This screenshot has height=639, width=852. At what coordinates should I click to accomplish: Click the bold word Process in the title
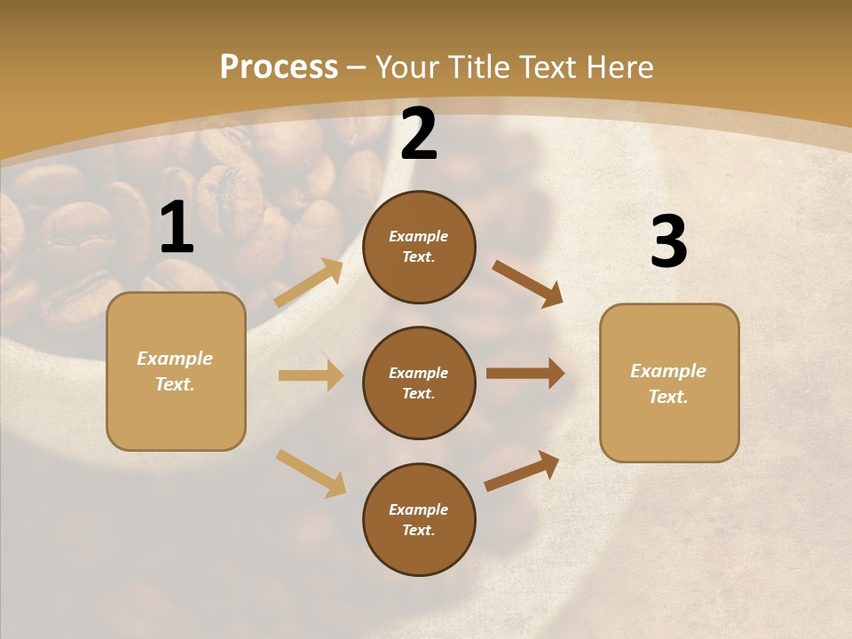click(279, 67)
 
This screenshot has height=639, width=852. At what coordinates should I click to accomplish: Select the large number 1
click(177, 228)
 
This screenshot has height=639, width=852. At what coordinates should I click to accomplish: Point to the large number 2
click(419, 134)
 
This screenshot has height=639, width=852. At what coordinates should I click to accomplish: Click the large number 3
click(668, 242)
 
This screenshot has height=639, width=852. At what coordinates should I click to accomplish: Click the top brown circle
click(419, 247)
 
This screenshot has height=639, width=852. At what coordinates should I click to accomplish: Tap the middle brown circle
click(419, 383)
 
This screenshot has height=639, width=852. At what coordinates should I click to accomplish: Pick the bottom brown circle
click(419, 519)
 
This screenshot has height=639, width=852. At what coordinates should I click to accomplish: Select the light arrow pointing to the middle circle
click(311, 375)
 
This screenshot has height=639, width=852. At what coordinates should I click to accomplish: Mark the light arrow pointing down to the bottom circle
click(311, 473)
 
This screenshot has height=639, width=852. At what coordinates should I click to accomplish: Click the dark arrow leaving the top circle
click(527, 283)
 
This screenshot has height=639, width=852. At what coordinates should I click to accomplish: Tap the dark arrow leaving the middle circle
click(525, 373)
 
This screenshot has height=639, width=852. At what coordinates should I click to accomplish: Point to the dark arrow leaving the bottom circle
click(522, 471)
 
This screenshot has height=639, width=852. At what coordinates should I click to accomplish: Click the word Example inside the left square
click(175, 359)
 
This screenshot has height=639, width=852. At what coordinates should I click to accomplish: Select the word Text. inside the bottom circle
click(418, 530)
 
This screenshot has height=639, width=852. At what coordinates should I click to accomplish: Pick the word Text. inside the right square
click(668, 397)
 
